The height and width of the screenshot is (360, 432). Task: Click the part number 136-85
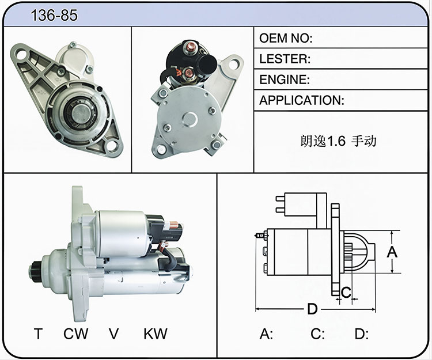[54, 15]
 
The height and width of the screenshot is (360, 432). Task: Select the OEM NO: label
[286, 38]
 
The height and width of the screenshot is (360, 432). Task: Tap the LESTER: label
[285, 59]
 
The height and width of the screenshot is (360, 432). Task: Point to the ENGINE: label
[285, 79]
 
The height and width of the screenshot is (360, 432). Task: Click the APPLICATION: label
[302, 100]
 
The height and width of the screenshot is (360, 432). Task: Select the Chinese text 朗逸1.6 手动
[338, 141]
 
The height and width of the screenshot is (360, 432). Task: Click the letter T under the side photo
[39, 334]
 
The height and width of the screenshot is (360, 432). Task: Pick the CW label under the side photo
[76, 334]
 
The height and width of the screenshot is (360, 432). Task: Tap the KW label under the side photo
[156, 334]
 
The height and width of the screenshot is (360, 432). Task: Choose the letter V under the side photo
[113, 334]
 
